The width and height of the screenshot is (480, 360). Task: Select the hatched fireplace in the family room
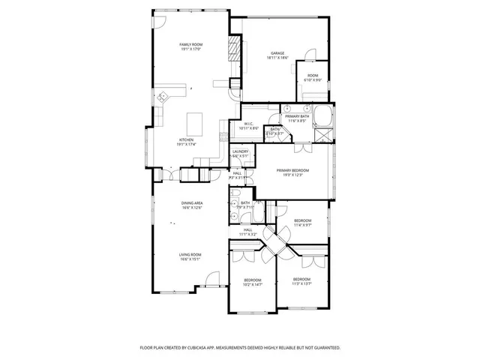coord(235,50)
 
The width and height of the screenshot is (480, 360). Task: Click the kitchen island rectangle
coord(195,121)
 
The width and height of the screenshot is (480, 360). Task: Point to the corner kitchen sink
coord(163,95)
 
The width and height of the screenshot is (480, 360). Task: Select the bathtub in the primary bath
coord(325,115)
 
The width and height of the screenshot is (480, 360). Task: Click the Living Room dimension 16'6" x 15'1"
coord(189,259)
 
